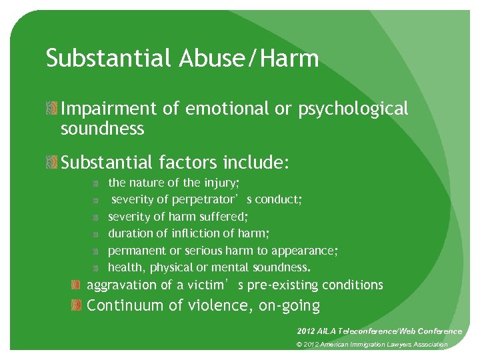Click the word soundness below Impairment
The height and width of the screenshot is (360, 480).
pyautogui.click(x=102, y=129)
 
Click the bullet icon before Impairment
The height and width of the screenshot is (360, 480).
pyautogui.click(x=53, y=109)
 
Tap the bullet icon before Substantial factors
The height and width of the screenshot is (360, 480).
pyautogui.click(x=53, y=162)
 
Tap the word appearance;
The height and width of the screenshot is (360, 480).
pyautogui.click(x=308, y=251)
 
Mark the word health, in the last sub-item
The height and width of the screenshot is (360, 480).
pyautogui.click(x=125, y=268)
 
